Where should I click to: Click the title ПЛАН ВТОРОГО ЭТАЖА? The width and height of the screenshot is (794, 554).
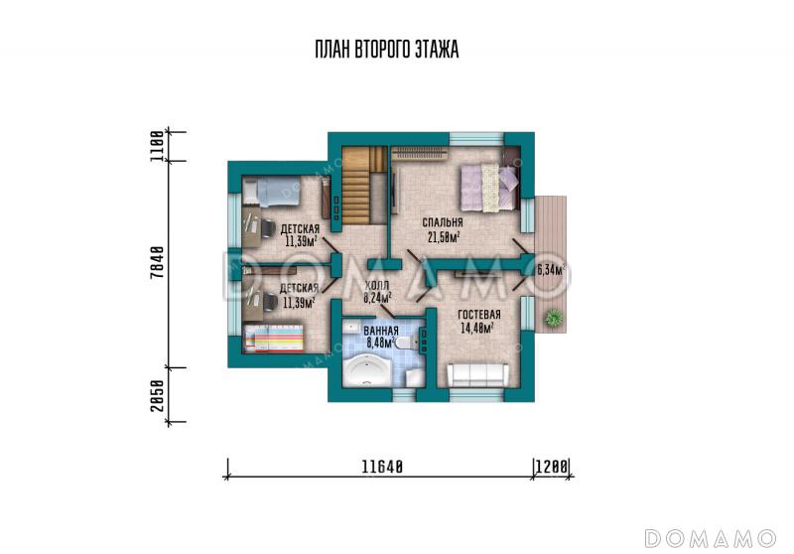pos(387,50)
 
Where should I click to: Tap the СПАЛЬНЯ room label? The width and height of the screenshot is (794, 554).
pos(443,222)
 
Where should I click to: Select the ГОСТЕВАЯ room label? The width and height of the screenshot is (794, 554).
pos(479,315)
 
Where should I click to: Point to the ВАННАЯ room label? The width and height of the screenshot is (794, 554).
pos(381,331)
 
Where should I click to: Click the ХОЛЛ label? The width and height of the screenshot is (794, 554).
pos(377,286)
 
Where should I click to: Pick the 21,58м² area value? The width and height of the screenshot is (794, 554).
pos(444,236)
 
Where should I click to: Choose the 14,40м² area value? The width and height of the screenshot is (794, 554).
pos(477,329)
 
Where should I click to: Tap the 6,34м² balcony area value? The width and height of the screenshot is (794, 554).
pos(551,270)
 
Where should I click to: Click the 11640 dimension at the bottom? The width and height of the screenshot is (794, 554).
pos(382,467)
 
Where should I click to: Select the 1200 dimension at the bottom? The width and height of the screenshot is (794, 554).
pos(552,467)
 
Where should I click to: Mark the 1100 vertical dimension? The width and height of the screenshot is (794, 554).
pos(158,146)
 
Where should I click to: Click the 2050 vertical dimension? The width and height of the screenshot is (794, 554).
pos(158,395)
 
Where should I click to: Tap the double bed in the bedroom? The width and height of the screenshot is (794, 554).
pos(489,187)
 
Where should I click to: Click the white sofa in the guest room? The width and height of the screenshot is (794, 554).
pos(477,374)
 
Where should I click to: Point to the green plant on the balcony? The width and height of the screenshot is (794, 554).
pos(554,319)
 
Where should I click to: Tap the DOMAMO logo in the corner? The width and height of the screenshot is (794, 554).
pos(710,538)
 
